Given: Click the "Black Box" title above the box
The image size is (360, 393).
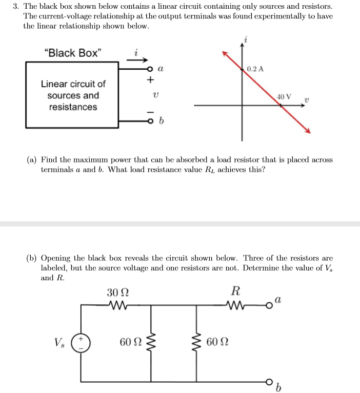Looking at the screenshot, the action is pos(73,53).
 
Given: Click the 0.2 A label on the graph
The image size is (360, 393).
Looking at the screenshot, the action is pos(255,69).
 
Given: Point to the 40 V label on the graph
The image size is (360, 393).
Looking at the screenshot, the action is pos(284,96).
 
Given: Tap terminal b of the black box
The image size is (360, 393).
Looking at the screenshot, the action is pos(150,121).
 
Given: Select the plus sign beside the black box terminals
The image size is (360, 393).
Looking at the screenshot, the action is pos(150,80).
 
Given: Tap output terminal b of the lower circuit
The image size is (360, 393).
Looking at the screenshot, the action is pos(269,381).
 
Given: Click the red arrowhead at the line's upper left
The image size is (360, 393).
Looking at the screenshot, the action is pos(224,53).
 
